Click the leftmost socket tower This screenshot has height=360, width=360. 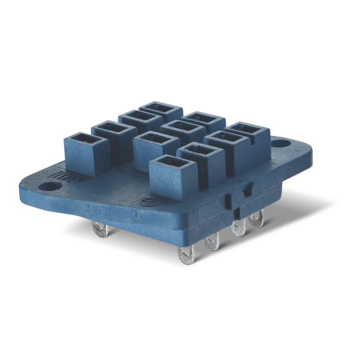tap(80, 154)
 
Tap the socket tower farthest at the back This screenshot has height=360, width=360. tap(161, 111)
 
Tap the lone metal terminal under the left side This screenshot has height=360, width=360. tap(100, 230)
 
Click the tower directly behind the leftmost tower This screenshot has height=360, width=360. tap(107, 135)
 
